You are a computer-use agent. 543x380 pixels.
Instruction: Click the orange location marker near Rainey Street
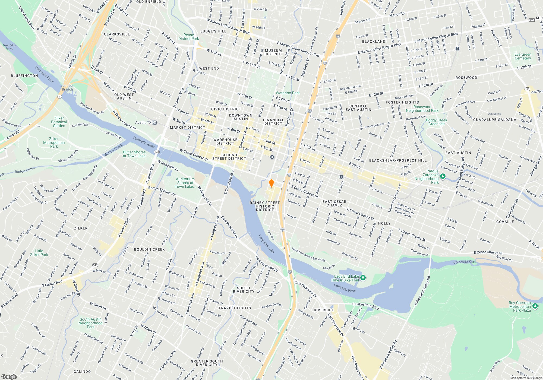click(x=271, y=183)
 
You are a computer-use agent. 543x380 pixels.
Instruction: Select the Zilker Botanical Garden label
click(x=59, y=122)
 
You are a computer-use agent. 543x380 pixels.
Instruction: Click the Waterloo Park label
click(x=288, y=93)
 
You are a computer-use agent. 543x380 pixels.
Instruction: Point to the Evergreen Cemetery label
click(x=523, y=56)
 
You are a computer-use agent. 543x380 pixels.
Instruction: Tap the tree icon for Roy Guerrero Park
click(x=535, y=306)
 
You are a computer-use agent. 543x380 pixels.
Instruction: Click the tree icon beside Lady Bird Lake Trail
click(x=363, y=278)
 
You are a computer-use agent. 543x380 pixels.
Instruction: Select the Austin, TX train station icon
click(x=155, y=122)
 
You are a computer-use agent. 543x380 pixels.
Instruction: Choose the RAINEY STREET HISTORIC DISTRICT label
click(x=265, y=206)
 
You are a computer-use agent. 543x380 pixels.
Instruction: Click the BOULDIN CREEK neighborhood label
click(x=149, y=249)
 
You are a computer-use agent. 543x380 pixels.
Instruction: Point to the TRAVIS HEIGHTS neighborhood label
click(x=235, y=308)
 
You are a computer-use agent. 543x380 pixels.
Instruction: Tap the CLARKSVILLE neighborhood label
click(x=117, y=34)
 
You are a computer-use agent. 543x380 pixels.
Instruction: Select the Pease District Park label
click(x=189, y=37)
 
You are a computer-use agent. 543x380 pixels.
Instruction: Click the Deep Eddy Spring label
click(x=10, y=47)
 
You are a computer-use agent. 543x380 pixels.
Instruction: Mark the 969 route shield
click(x=532, y=20)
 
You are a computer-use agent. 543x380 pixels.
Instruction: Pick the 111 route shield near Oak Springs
click(x=527, y=89)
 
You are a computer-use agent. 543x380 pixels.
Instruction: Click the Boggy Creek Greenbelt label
click(x=437, y=122)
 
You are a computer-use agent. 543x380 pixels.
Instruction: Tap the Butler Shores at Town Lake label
click(x=134, y=154)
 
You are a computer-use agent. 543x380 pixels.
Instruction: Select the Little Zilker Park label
click(x=39, y=253)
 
